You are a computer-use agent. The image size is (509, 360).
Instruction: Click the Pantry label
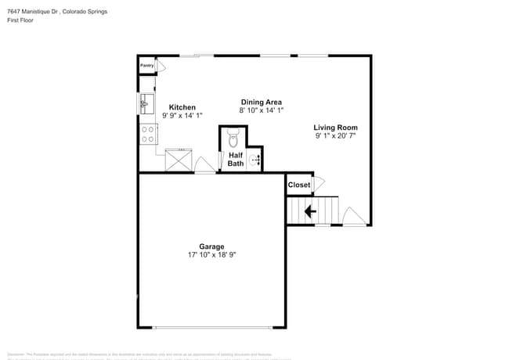pos(146,66)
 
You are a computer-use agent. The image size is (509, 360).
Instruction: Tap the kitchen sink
pos(145,103)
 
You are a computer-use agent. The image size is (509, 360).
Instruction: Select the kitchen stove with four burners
pos(147,134)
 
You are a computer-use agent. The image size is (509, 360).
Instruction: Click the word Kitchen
pos(182,107)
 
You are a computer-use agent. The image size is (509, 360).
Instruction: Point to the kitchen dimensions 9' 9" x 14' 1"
pos(182,116)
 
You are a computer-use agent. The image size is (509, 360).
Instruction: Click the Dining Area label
pos(261,102)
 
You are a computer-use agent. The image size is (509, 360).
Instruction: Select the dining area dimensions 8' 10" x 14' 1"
pos(261,110)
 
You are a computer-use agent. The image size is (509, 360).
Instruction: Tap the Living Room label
pos(335,127)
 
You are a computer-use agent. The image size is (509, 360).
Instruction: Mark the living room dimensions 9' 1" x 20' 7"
pos(335,135)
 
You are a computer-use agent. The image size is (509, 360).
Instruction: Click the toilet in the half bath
pos(233,139)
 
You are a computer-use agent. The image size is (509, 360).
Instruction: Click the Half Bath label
pos(236,160)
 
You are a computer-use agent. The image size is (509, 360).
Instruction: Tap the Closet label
pos(298,185)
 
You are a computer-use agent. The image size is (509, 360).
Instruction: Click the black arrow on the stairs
pos(311,211)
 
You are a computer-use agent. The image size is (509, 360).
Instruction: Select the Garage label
pos(211,247)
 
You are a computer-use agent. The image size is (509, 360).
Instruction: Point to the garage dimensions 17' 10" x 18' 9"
pos(211,255)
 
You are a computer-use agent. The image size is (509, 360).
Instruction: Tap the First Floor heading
pos(21,20)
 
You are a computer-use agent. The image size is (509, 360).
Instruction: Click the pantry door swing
pos(161,68)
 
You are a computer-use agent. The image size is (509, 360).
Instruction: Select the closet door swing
pos(318,184)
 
